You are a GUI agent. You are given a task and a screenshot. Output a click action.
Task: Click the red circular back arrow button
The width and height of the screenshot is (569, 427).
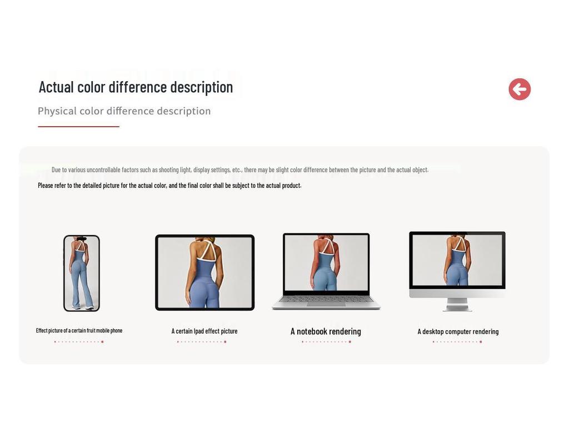520,89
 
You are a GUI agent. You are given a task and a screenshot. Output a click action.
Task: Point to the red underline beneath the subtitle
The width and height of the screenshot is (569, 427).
78,127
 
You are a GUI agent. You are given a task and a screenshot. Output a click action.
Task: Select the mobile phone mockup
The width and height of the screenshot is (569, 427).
81,273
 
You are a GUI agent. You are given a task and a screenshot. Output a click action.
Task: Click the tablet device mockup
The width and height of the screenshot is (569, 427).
204,272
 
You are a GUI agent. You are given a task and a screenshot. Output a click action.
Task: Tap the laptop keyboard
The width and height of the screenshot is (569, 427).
326,299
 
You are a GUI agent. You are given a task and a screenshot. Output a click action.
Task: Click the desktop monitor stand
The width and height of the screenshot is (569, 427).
457,305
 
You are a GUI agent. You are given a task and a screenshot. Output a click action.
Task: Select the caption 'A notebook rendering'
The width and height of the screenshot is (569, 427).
326,331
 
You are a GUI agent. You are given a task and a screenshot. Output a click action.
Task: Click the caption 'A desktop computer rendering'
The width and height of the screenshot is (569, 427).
458,331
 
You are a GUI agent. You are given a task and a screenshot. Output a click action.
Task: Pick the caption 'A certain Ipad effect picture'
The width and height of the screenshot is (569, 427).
204,331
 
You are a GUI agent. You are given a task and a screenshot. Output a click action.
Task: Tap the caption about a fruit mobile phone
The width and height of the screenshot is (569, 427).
79,330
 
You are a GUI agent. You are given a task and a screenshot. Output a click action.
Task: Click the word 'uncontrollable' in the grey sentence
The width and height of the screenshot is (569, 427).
99,170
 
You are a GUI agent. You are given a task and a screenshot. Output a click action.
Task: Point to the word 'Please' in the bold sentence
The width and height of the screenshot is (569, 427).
46,185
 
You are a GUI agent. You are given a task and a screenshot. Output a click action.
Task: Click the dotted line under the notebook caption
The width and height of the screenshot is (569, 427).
326,342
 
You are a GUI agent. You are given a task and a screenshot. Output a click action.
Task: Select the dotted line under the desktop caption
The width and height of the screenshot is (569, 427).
457,342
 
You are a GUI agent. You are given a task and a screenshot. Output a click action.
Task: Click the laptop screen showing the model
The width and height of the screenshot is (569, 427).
326,262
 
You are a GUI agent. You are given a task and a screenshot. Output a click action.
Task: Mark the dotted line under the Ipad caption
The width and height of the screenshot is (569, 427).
202,342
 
